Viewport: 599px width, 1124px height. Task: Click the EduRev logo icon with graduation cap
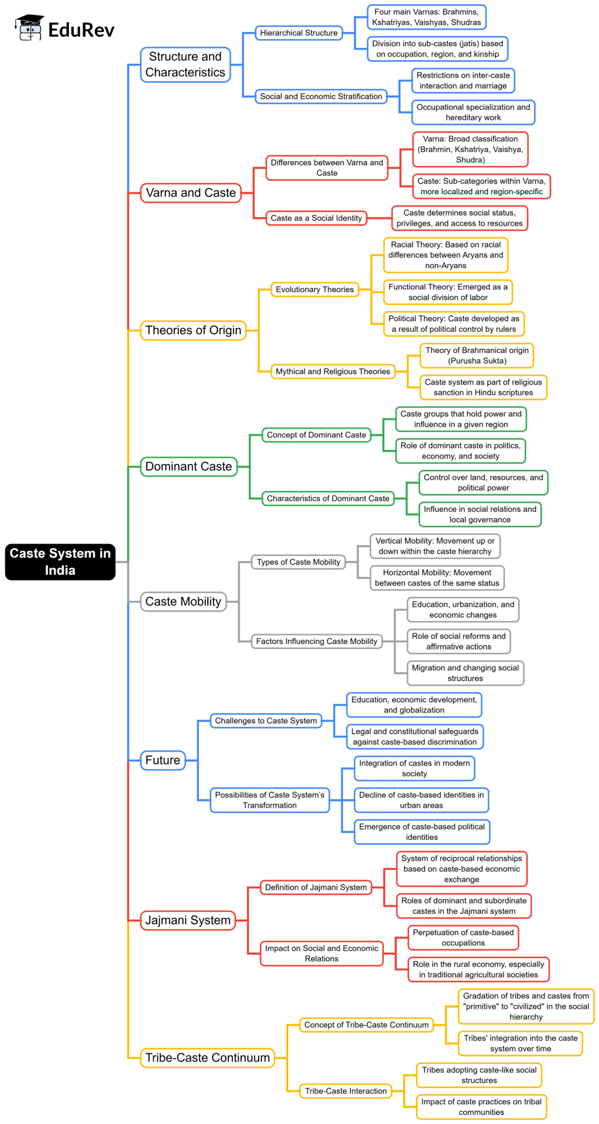(29, 28)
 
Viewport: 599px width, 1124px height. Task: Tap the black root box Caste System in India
(60, 562)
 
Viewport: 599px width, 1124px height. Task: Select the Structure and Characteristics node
(185, 64)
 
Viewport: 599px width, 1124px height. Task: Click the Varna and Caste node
(191, 193)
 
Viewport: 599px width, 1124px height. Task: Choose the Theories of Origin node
(193, 330)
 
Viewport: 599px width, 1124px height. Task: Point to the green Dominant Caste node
(188, 466)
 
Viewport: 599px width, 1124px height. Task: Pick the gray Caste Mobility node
(183, 601)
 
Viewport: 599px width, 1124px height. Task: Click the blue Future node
(163, 760)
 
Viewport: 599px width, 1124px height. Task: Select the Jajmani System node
(188, 920)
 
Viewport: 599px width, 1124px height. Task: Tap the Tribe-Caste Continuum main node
(207, 1057)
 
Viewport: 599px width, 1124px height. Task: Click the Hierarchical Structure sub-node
(299, 33)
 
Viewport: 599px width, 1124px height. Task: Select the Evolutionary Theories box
(315, 289)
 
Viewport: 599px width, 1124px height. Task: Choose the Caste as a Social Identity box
(316, 218)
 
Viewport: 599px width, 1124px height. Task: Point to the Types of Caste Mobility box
(298, 562)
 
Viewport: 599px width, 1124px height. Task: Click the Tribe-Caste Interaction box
(346, 1091)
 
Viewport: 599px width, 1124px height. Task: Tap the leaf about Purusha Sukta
(477, 355)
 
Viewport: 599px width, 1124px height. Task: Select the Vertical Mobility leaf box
(435, 546)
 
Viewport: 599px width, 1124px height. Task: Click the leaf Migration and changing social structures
(465, 673)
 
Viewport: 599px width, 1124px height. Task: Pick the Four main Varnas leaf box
(426, 17)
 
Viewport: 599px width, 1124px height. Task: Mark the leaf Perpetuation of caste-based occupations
(463, 938)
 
